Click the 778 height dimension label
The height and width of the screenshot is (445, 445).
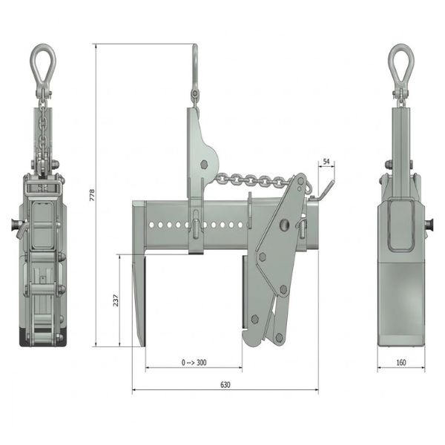click(92, 195)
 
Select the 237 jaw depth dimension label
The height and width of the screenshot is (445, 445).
click(116, 300)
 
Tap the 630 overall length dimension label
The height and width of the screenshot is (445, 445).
click(225, 385)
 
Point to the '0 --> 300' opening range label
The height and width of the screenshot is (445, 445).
click(194, 363)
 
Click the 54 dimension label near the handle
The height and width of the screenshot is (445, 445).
click(326, 162)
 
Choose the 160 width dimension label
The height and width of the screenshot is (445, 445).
click(401, 363)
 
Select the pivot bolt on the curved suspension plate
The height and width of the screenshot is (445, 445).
click(204, 164)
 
